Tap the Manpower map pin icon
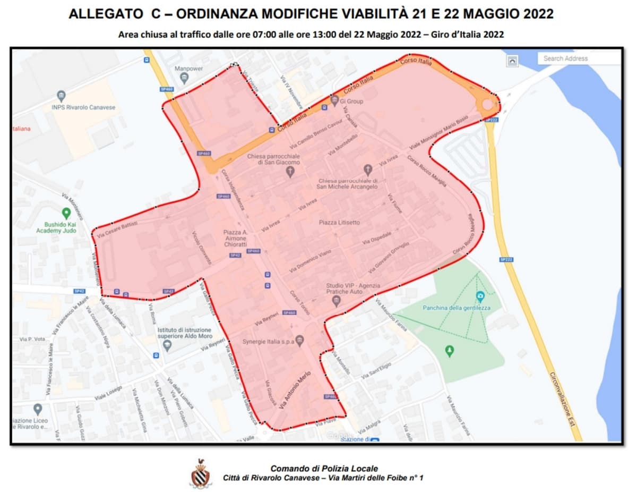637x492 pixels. [x=184, y=79]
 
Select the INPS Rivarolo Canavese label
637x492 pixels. [x=83, y=107]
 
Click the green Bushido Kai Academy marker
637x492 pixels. [x=66, y=214]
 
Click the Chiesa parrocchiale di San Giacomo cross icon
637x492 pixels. [x=290, y=172]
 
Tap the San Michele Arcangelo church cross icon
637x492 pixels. [x=368, y=170]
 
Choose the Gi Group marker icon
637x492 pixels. [x=334, y=100]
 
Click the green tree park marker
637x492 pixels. [x=450, y=351]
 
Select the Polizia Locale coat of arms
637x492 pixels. [x=201, y=474]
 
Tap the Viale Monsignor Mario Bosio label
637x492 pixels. [x=439, y=131]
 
